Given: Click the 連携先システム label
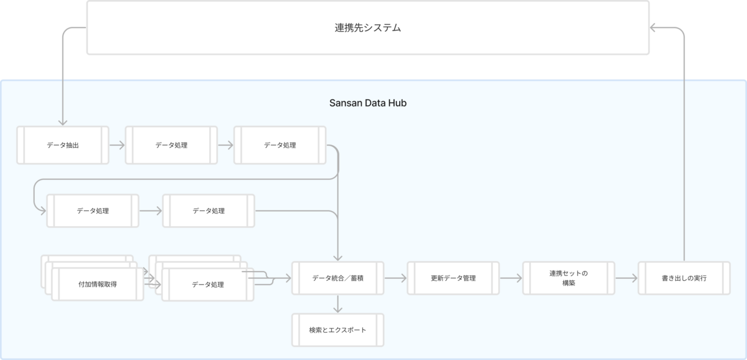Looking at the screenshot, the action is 367,27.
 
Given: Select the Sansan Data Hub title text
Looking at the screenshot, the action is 368,103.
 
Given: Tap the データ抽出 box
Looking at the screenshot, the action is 63,145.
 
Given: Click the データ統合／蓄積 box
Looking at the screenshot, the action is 338,278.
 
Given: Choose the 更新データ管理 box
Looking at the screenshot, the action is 453,278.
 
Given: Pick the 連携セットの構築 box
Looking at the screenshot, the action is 568,278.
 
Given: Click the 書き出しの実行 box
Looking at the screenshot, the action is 684,278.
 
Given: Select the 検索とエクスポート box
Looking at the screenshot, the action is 338,330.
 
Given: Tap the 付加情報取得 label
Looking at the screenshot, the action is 97,284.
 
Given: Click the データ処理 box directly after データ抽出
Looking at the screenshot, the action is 171,145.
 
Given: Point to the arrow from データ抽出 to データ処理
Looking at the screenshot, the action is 117,145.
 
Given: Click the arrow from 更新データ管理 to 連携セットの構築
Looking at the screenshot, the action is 511,278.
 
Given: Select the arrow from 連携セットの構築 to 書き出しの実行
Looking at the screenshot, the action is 626,278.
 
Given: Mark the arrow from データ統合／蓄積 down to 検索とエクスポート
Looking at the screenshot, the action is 338,304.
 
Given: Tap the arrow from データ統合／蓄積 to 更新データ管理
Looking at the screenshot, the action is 395,278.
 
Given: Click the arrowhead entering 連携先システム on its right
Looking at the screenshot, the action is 653,27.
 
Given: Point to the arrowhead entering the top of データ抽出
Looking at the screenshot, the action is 63,123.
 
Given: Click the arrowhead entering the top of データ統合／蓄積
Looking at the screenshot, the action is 338,258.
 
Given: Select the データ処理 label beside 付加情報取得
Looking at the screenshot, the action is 208,285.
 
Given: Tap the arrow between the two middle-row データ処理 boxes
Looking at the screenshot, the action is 151,211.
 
